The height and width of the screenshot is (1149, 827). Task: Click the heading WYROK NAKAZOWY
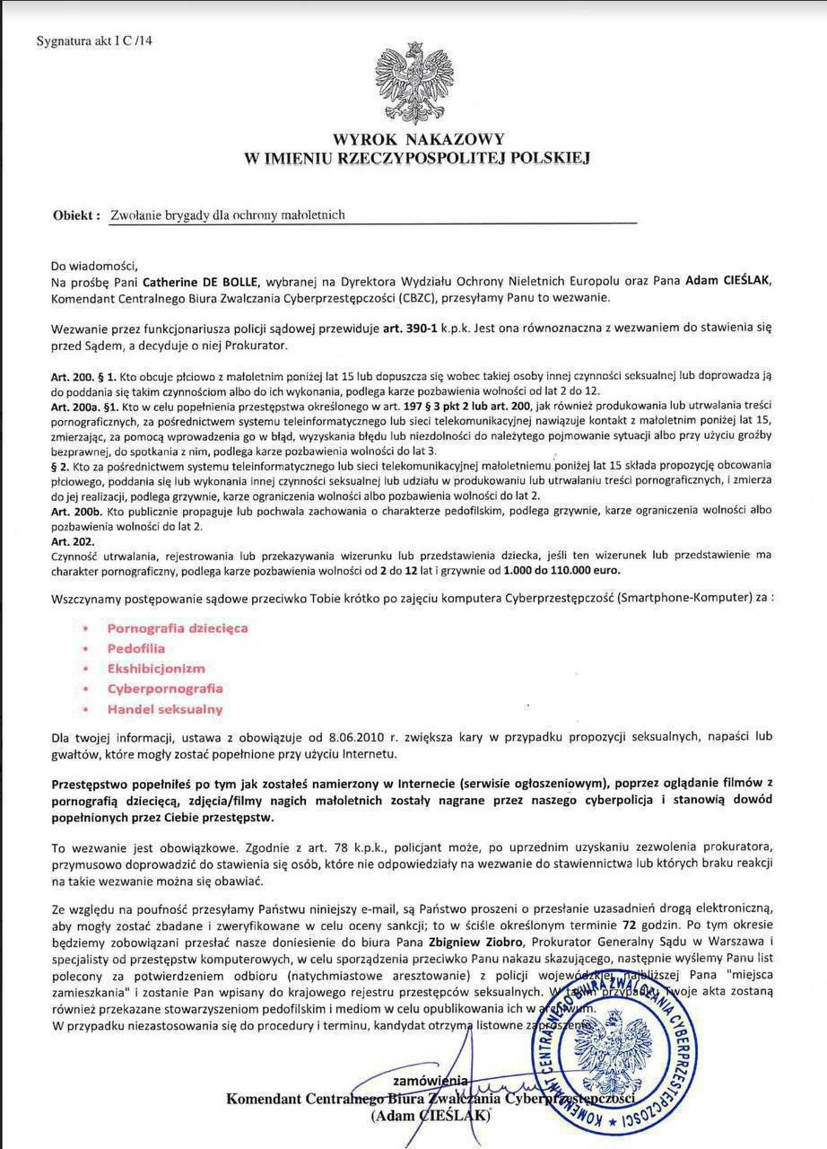tap(418, 140)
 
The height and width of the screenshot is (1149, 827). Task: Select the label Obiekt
tap(75, 215)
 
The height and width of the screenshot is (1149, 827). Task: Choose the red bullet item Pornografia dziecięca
tap(178, 628)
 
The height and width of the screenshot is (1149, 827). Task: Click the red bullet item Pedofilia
tap(136, 648)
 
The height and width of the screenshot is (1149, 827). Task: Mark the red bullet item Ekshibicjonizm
tap(156, 669)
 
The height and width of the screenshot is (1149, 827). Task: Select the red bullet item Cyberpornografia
tap(165, 689)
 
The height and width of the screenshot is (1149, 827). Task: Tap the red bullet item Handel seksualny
tap(164, 709)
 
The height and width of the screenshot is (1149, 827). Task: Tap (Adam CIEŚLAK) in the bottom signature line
tap(431, 1116)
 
